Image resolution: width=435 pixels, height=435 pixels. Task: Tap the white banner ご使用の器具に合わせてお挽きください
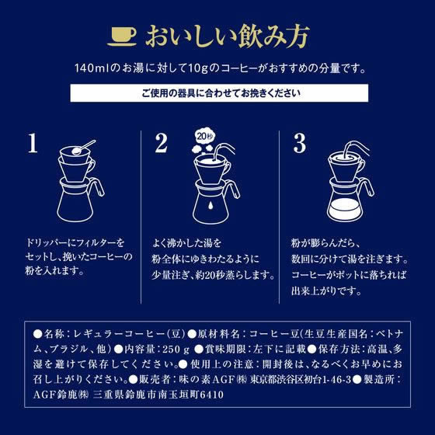[217, 95]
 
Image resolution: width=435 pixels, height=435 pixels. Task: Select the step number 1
[32, 144]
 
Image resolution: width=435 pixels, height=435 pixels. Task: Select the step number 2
[161, 144]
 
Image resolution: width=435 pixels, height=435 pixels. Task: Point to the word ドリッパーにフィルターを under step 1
[74, 244]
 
